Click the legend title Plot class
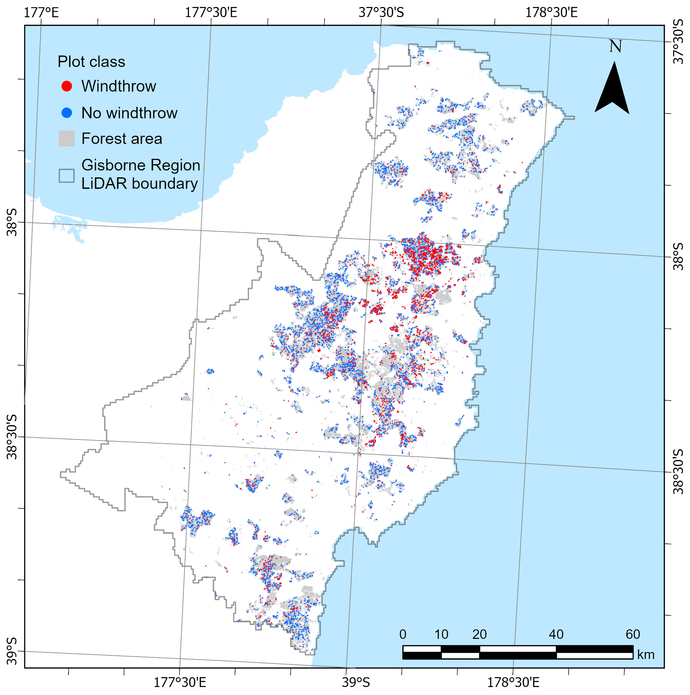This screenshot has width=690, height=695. point(91,62)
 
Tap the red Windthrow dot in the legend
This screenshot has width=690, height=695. point(67,86)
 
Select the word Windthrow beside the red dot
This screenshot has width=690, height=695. point(119,86)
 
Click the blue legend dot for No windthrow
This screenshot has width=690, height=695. point(67,113)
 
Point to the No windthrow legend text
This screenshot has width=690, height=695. point(129,113)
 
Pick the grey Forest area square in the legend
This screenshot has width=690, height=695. point(67,138)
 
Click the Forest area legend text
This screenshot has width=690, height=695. point(122,139)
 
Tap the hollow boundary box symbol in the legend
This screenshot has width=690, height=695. point(67,176)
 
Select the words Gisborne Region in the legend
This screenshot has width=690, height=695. point(140,166)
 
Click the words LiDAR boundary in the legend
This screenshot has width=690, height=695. point(140,184)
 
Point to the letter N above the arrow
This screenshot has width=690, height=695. point(615,46)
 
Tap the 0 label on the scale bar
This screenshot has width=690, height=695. point(403,634)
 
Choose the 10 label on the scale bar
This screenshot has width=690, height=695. point(441,634)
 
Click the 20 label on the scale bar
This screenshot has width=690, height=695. point(479,634)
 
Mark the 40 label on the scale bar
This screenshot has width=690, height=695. point(556,634)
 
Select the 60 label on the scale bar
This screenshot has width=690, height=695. point(633,634)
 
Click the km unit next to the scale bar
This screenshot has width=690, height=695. point(646,655)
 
